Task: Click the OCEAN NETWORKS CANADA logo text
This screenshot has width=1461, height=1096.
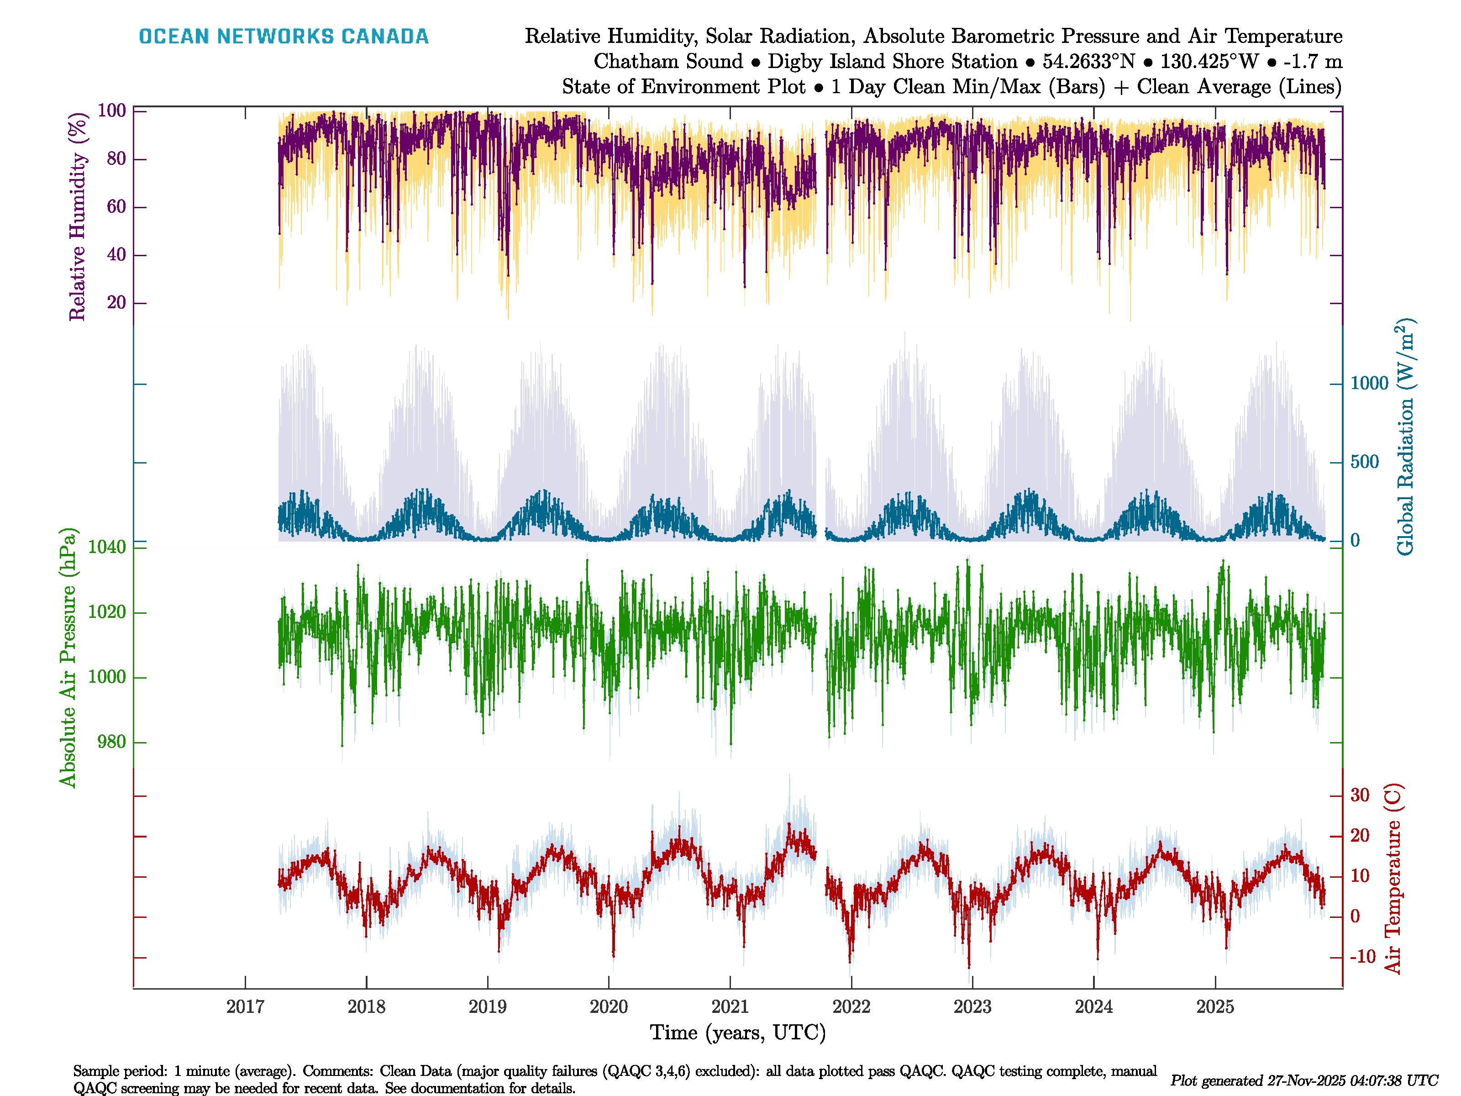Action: pos(284,37)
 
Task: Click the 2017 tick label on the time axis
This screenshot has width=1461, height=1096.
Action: pos(245,1007)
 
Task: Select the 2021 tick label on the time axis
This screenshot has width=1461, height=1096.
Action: pos(730,1007)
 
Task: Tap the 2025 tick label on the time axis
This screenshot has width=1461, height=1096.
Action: pos(1215,1007)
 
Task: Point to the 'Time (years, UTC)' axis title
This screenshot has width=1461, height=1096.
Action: pos(738,1033)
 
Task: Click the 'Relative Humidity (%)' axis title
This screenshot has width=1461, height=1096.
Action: pos(78,217)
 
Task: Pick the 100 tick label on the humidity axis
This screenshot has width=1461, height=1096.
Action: pos(111,111)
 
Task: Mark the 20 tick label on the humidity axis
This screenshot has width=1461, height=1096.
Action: pos(116,303)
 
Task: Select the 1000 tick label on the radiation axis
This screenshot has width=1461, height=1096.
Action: pos(1369,383)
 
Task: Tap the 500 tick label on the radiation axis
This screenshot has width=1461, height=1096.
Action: pos(1365,462)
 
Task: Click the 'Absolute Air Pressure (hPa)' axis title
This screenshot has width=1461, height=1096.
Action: pos(68,657)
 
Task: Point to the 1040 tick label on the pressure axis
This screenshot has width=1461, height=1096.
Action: pos(106,547)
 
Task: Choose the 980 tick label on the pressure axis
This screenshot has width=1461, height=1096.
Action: pos(111,742)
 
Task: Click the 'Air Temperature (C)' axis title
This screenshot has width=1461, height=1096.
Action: pos(1393,879)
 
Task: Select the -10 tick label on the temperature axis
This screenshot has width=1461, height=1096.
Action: pos(1362,957)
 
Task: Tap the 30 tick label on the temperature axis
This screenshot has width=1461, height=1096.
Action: pos(1359,795)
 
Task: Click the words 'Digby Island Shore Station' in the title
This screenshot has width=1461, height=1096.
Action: pos(892,62)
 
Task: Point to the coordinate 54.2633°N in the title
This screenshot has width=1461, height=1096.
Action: pos(1088,62)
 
